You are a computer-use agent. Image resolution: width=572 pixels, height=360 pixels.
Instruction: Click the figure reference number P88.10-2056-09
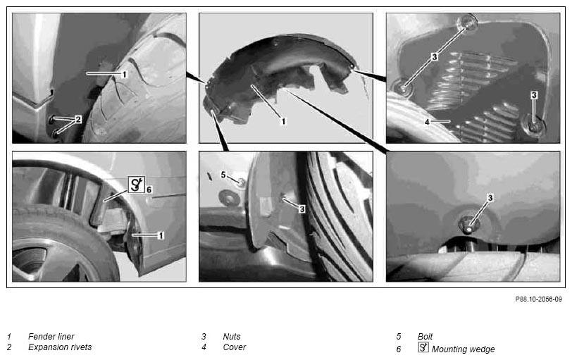point(538,299)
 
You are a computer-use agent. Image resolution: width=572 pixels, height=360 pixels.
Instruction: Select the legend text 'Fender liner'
point(51,336)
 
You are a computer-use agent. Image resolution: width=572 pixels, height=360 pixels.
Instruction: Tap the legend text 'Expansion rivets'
point(60,347)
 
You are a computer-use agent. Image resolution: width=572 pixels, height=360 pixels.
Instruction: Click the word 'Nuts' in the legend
point(232,336)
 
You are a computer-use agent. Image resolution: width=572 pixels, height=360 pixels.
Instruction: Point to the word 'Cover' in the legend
point(234,347)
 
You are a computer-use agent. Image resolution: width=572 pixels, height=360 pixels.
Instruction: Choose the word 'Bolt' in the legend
point(425,336)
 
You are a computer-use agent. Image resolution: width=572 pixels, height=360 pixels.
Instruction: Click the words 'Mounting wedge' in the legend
point(464,349)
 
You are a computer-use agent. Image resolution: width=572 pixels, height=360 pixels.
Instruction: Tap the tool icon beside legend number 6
point(423,347)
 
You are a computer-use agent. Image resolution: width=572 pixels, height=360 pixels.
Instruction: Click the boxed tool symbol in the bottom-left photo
point(137,184)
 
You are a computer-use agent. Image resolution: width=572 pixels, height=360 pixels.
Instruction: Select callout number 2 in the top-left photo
point(78,119)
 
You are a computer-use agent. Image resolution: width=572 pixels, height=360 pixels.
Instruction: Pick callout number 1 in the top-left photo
point(124,75)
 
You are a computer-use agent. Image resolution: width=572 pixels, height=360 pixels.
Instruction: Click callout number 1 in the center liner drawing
point(283,121)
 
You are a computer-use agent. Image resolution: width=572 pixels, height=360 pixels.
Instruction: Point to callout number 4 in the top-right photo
point(427,122)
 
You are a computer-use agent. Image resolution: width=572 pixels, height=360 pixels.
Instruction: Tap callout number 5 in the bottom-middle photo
point(223,175)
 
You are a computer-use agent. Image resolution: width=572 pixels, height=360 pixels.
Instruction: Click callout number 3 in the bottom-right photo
point(490,198)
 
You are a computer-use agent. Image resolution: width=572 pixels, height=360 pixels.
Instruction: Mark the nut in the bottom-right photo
point(468,225)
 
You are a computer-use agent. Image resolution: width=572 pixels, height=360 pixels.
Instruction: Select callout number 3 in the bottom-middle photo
point(301,209)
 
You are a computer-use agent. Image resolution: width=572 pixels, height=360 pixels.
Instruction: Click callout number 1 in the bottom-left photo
point(161,235)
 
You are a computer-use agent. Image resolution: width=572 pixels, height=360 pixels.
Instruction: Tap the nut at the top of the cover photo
point(468,23)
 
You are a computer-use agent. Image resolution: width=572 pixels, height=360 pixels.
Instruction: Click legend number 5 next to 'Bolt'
point(399,336)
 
